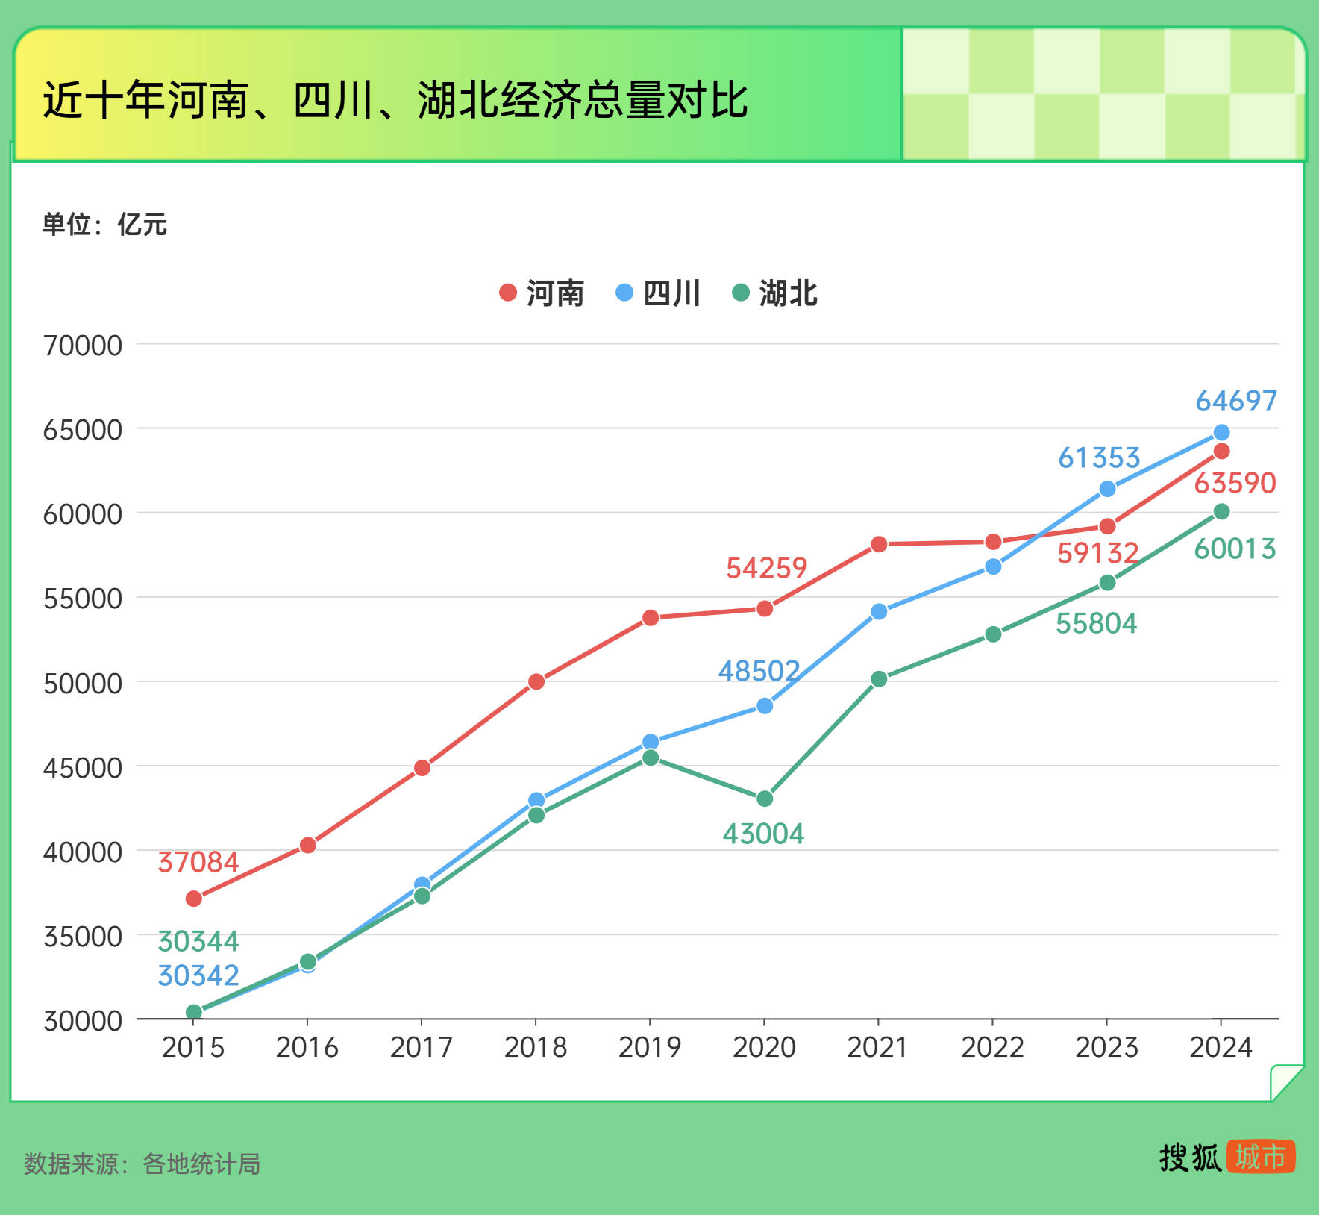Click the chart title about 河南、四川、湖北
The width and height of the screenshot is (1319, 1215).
tap(395, 100)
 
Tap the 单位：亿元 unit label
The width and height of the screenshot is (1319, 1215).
tap(104, 224)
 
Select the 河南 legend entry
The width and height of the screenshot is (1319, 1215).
tap(542, 293)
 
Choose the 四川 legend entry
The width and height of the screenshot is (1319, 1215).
tap(658, 293)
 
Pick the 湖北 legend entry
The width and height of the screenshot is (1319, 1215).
tap(775, 293)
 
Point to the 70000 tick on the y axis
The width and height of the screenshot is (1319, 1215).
tap(83, 346)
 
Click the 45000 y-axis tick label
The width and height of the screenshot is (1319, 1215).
tap(83, 767)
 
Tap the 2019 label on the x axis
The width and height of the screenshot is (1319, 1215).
tap(650, 1047)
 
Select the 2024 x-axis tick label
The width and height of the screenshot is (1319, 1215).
tap(1221, 1047)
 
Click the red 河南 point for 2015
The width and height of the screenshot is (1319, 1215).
tap(194, 899)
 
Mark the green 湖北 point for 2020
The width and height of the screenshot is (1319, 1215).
tap(765, 799)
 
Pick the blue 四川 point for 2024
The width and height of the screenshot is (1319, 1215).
tap(1221, 433)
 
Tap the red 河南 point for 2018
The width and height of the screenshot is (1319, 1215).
tap(536, 681)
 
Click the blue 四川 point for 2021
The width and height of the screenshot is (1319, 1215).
tap(879, 611)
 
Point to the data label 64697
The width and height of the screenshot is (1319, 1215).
tap(1236, 402)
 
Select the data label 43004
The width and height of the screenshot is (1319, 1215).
tap(763, 834)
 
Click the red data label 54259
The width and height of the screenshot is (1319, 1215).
tap(766, 569)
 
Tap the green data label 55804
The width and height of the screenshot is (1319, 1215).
tap(1096, 623)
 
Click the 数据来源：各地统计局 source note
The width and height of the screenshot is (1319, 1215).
tap(142, 1164)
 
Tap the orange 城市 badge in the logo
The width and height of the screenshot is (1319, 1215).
tap(1260, 1157)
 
